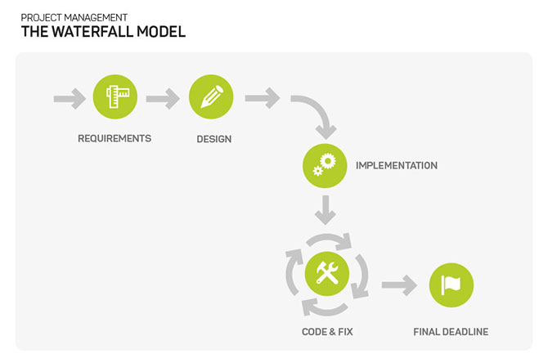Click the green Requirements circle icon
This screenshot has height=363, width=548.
coord(115,96)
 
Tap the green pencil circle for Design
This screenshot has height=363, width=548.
coord(211,96)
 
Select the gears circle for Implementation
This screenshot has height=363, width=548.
coord(325,166)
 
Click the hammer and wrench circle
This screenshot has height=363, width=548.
coord(327,274)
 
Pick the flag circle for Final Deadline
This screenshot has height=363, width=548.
coord(451,285)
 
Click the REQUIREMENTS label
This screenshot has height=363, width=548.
coord(115,139)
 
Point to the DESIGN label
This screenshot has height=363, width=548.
coord(214,139)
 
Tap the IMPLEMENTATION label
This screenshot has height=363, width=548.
coord(397,166)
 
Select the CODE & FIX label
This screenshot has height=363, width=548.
coord(327,332)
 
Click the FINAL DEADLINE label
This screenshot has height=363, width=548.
coord(451,332)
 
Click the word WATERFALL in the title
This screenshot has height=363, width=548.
coord(92,32)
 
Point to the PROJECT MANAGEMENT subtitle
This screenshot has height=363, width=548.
coord(74,17)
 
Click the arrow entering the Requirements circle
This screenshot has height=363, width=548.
coord(70,99)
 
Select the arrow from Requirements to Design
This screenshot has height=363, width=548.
coord(163,99)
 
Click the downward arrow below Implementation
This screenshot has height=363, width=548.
coord(326,209)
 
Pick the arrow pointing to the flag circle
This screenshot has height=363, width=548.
coord(399,285)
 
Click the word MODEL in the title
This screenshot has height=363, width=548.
coord(161,32)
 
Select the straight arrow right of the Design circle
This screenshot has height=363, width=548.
coord(263,98)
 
